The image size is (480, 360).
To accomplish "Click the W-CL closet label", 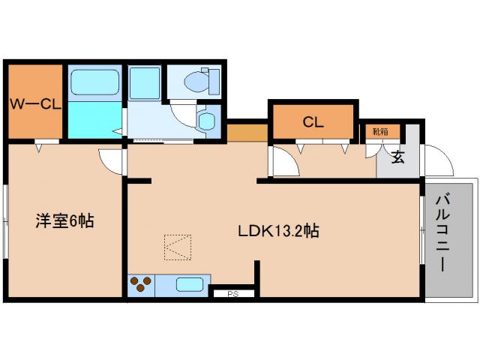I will click(x=34, y=103).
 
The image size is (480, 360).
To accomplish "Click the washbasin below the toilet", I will click(x=206, y=120).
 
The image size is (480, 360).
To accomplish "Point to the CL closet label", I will click(x=313, y=122).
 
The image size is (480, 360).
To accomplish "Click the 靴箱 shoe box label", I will click(x=379, y=132).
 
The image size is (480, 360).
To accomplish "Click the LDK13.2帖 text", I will click(x=279, y=231).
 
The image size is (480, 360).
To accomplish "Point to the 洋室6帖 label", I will click(x=65, y=221).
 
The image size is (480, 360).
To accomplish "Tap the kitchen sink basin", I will click(x=188, y=285).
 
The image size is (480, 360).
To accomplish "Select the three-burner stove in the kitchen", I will click(x=140, y=285).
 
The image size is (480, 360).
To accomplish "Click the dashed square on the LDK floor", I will click(x=178, y=247).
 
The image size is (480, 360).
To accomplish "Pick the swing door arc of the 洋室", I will click(x=112, y=159).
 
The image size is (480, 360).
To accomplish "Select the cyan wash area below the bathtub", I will click(x=95, y=120).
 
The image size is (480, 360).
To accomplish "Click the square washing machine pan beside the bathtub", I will click(x=144, y=82).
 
